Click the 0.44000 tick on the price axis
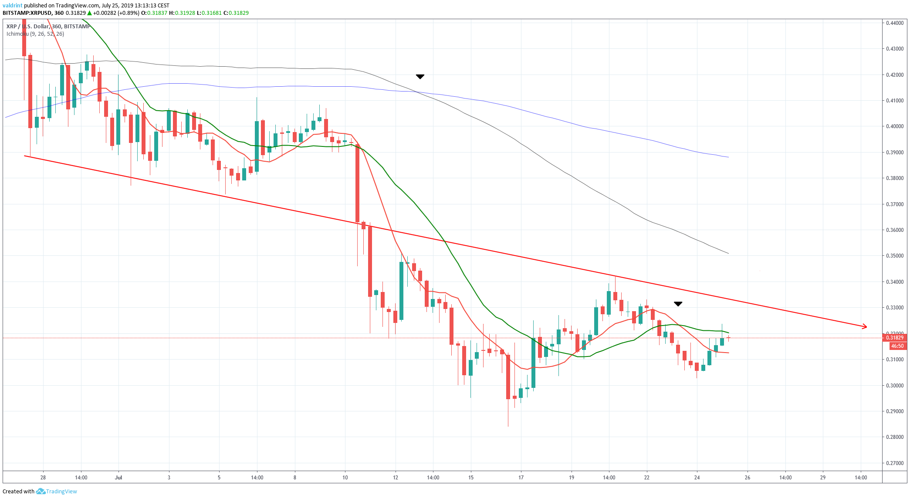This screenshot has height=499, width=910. [x=895, y=23]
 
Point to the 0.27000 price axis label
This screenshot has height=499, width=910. [x=895, y=463]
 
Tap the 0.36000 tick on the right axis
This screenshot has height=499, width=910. [x=895, y=230]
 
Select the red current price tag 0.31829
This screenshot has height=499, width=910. [x=895, y=338]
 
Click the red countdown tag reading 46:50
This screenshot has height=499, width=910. [x=897, y=346]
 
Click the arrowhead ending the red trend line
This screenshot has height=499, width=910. [x=864, y=326]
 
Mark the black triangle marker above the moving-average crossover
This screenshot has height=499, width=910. [x=420, y=77]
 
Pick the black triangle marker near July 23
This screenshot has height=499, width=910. [x=678, y=304]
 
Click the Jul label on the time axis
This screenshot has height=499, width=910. [x=118, y=478]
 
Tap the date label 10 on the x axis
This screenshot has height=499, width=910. [x=345, y=478]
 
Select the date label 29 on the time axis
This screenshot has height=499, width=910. [x=823, y=478]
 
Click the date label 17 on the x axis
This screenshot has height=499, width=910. [x=521, y=478]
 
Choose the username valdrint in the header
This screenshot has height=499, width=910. [x=12, y=6]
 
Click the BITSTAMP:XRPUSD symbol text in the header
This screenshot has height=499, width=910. [x=27, y=13]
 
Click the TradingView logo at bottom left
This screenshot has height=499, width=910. [x=57, y=492]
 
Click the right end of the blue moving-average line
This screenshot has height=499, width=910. [x=728, y=157]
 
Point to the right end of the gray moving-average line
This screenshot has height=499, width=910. [x=728, y=254]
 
